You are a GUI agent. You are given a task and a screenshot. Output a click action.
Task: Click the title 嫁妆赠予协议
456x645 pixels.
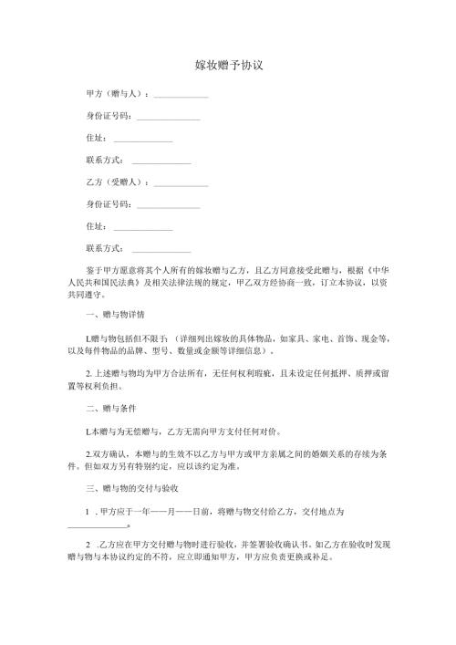click(229, 67)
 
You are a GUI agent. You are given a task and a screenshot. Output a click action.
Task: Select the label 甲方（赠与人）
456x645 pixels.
click(112, 94)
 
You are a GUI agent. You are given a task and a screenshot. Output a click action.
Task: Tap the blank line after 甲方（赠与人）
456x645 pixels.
click(181, 96)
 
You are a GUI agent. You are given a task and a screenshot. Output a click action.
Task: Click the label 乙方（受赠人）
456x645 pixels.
click(112, 182)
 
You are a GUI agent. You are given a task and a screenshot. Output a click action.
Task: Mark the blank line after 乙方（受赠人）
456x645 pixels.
click(181, 184)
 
